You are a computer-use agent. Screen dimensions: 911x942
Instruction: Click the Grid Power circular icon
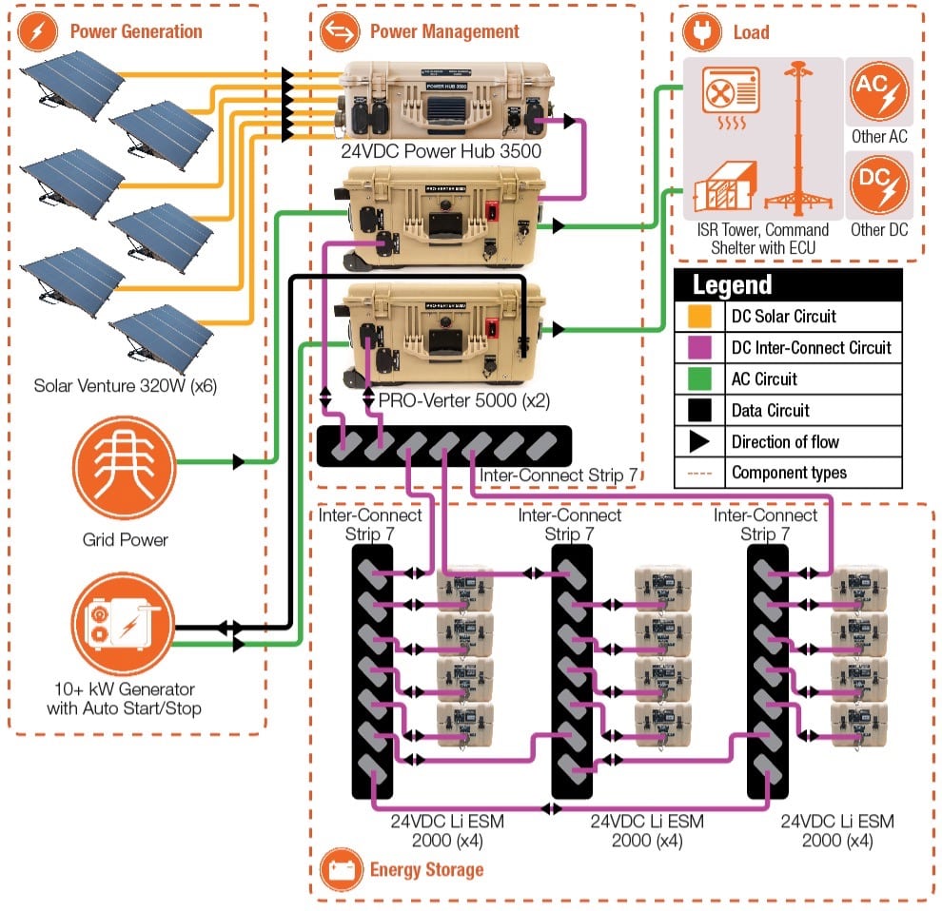(124, 464)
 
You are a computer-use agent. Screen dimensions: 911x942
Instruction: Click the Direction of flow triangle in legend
(698, 441)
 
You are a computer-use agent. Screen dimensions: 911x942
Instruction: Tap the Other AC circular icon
(878, 90)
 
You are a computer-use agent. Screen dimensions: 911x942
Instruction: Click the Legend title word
(732, 284)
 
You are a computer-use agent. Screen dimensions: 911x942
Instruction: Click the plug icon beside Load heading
(701, 31)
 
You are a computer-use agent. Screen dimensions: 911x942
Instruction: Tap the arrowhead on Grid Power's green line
(239, 462)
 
